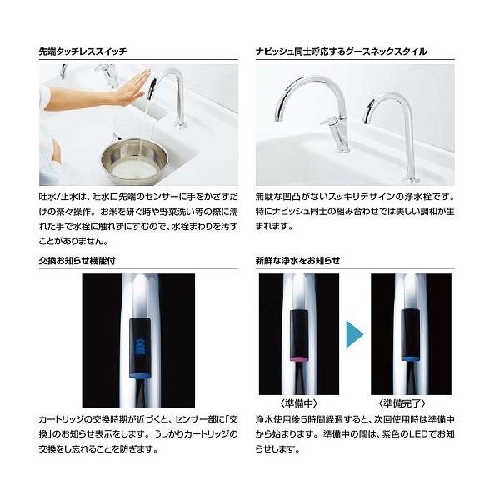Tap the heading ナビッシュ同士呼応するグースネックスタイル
tap(341, 51)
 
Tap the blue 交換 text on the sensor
tap(139, 344)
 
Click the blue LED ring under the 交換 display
tap(139, 374)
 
